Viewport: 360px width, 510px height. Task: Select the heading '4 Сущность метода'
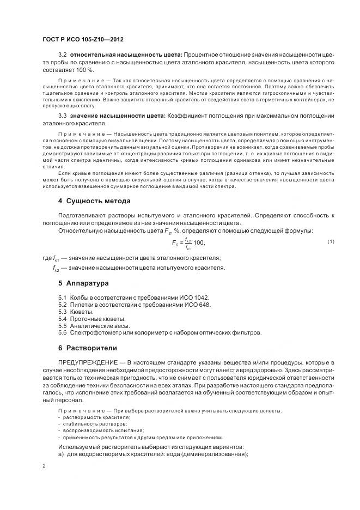click(94, 201)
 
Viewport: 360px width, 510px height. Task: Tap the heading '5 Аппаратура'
click(84, 283)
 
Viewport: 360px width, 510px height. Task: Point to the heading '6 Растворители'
click(87, 348)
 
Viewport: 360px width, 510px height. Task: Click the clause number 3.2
click(62, 56)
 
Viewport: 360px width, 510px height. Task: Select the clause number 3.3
click(62, 116)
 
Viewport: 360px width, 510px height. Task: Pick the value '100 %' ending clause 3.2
click(84, 71)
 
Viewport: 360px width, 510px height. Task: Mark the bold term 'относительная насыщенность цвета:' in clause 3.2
click(126, 56)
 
